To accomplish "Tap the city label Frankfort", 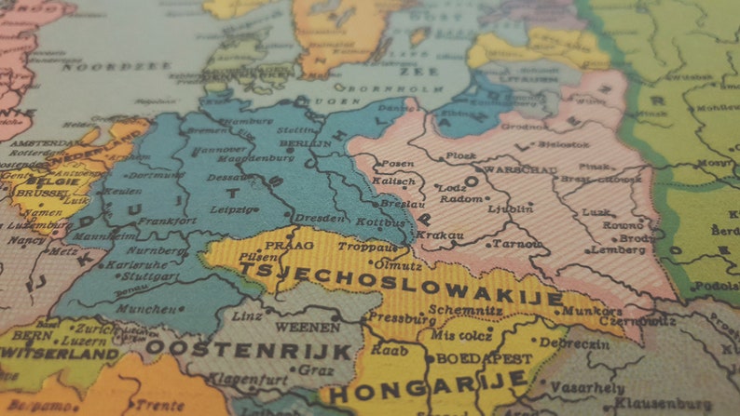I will click(167, 221).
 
